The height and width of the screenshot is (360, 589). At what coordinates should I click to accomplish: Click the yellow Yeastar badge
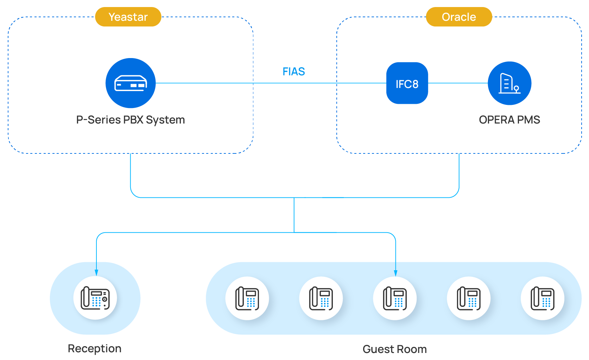(x=128, y=17)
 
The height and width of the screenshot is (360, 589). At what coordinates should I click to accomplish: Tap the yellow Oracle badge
(x=459, y=17)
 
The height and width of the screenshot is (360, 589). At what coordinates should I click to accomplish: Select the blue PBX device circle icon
(x=131, y=83)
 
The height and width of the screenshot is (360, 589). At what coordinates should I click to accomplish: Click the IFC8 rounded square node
(x=407, y=83)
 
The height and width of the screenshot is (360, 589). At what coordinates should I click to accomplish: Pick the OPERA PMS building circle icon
(x=509, y=83)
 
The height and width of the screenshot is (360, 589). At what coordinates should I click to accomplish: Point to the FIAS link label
(x=294, y=71)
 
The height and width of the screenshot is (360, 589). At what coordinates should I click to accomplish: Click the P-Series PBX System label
(x=131, y=120)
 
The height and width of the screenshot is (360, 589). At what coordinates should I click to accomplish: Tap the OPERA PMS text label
(x=509, y=120)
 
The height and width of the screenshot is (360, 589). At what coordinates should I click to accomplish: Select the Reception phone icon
(x=95, y=298)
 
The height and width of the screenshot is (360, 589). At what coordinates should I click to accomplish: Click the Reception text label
(x=95, y=348)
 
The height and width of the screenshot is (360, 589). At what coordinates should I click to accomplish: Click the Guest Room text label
(x=395, y=349)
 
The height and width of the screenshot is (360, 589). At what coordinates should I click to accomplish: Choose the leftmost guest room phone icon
(x=247, y=298)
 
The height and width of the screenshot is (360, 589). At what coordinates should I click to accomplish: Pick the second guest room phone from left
(x=321, y=298)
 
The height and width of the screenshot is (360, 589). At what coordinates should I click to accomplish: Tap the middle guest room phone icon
(x=395, y=298)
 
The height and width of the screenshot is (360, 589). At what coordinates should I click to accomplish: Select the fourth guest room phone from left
(x=469, y=298)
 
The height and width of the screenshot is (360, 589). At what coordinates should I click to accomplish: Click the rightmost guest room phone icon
(x=543, y=298)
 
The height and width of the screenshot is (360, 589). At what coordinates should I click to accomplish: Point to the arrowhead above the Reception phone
(x=96, y=273)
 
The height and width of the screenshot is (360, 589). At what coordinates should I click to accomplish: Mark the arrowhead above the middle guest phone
(x=396, y=273)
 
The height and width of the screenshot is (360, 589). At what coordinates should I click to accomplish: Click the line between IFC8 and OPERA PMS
(x=458, y=83)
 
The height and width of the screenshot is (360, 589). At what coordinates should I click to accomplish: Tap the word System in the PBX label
(x=165, y=120)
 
